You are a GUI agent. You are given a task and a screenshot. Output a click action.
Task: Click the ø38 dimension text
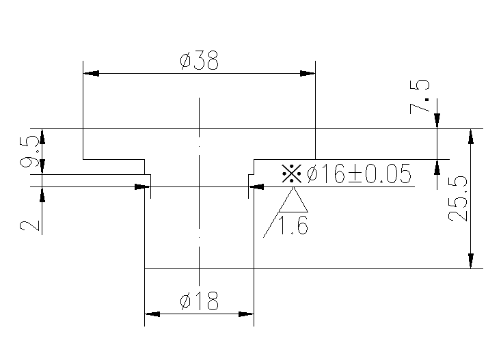(199, 61)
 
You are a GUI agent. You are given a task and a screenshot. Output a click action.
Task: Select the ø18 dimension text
(199, 301)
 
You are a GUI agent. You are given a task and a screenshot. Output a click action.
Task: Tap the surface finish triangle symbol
(294, 201)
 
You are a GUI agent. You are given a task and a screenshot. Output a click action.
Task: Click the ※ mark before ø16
(292, 174)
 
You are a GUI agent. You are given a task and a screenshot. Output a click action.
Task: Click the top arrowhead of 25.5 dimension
(470, 136)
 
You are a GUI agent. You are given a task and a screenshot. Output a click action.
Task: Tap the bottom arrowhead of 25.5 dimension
(470, 261)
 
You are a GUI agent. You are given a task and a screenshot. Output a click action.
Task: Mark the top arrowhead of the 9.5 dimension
(42, 135)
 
